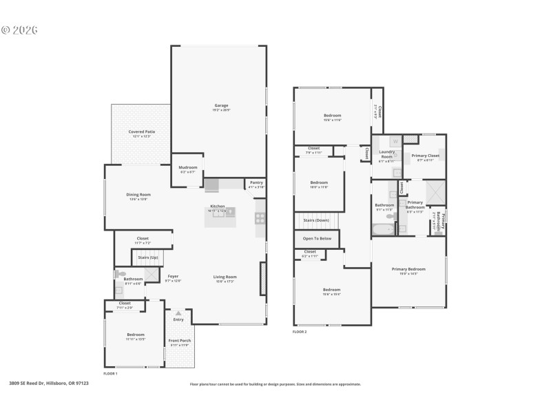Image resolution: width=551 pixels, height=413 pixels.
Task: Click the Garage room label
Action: (221, 105)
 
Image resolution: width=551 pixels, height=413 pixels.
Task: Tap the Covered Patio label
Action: (141, 131)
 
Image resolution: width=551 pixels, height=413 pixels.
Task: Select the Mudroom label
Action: (188, 167)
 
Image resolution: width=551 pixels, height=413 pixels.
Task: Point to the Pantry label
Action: (256, 182)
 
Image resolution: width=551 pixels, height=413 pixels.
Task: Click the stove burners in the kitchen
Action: (260, 218)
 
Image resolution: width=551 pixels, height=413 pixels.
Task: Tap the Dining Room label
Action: (138, 195)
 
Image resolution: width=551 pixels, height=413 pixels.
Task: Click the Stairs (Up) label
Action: (148, 257)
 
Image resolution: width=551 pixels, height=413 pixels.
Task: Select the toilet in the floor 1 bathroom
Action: (121, 274)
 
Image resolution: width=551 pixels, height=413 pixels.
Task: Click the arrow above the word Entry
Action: (178, 313)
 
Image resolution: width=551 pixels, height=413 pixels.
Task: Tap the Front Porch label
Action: (180, 341)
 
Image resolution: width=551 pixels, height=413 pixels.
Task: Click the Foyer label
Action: (174, 277)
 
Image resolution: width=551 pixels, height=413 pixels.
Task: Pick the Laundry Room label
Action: (386, 153)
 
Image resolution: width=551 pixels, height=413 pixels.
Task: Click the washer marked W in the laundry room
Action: (395, 141)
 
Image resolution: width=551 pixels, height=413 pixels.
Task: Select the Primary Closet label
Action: (425, 156)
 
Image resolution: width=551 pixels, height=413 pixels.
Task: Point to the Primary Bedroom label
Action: (408, 268)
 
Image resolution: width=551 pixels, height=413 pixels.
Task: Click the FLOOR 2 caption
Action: (300, 332)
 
